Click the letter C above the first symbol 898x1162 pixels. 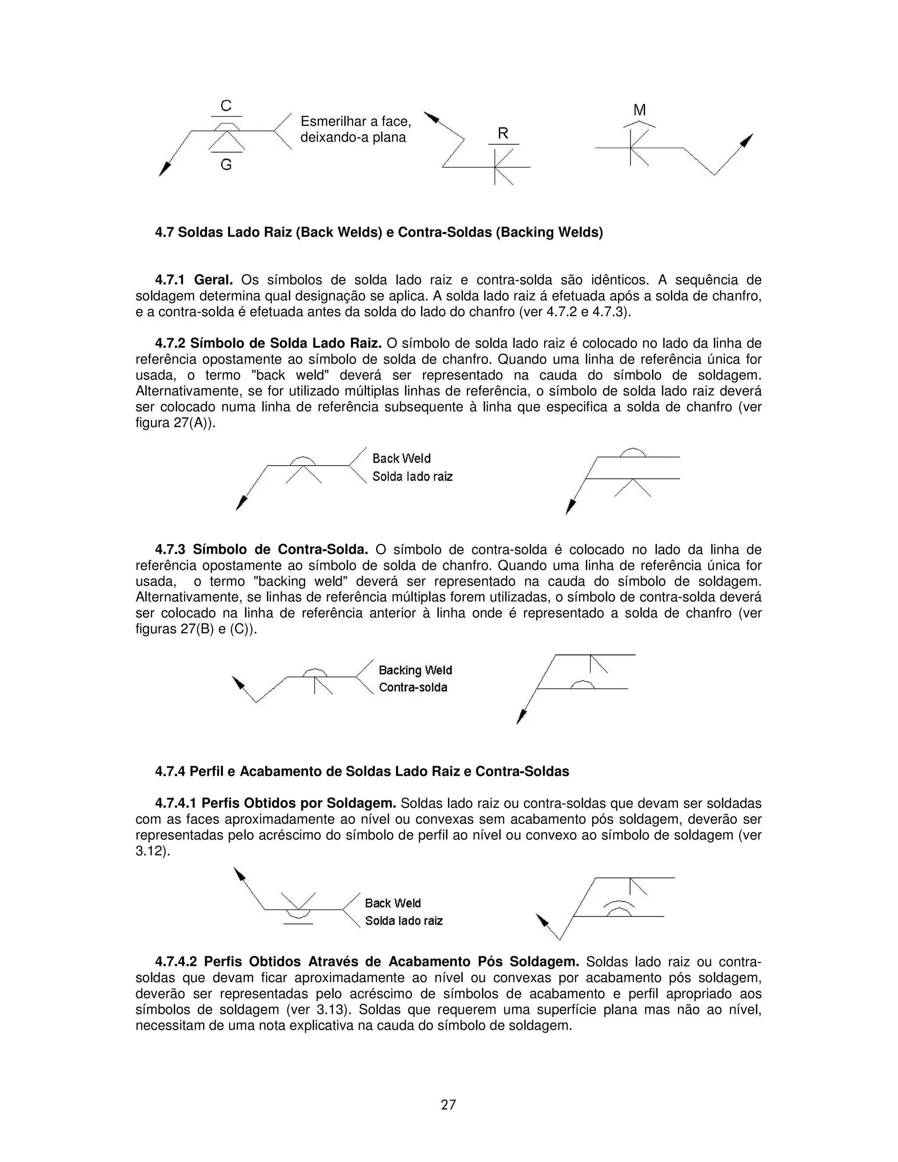tap(226, 106)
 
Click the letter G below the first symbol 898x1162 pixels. tap(226, 165)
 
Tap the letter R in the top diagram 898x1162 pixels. tap(503, 134)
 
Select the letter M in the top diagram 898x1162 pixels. tap(639, 110)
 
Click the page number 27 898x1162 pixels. tap(449, 1105)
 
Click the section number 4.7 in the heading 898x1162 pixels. tap(164, 232)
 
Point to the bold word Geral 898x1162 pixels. tap(214, 280)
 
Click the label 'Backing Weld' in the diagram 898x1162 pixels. tap(415, 670)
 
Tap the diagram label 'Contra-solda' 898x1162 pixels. tap(413, 688)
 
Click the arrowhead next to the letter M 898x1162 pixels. tap(748, 140)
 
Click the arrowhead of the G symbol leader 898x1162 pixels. tap(165, 170)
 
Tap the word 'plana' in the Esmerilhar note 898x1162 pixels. tap(389, 138)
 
